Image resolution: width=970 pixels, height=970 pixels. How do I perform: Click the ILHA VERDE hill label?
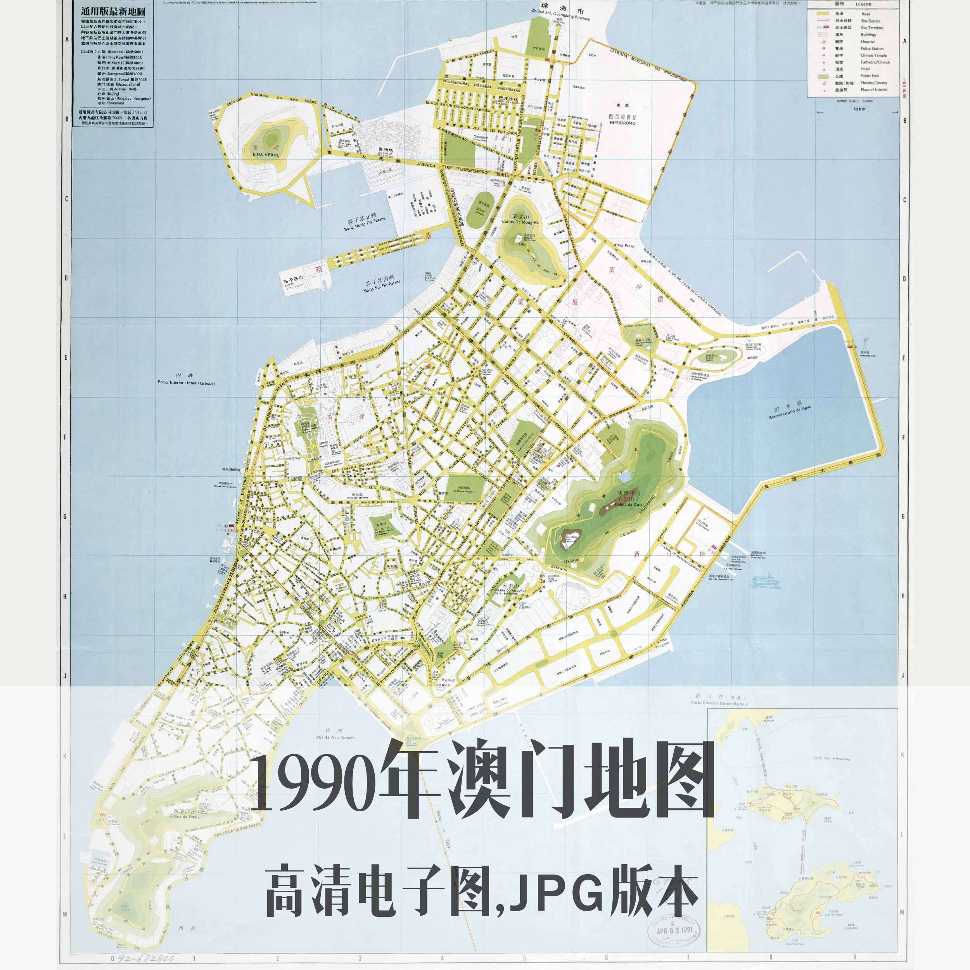pyautogui.click(x=266, y=155)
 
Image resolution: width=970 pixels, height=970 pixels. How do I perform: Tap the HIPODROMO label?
pyautogui.click(x=622, y=123)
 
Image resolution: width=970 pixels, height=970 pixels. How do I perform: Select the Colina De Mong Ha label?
pyautogui.click(x=520, y=222)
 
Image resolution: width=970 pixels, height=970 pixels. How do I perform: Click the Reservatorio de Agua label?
pyautogui.click(x=789, y=412)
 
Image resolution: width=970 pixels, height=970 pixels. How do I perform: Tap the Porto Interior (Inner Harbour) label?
pyautogui.click(x=186, y=383)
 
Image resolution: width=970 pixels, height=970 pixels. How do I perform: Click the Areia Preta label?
pyautogui.click(x=623, y=246)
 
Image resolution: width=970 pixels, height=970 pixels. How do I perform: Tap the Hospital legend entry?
pyautogui.click(x=868, y=42)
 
